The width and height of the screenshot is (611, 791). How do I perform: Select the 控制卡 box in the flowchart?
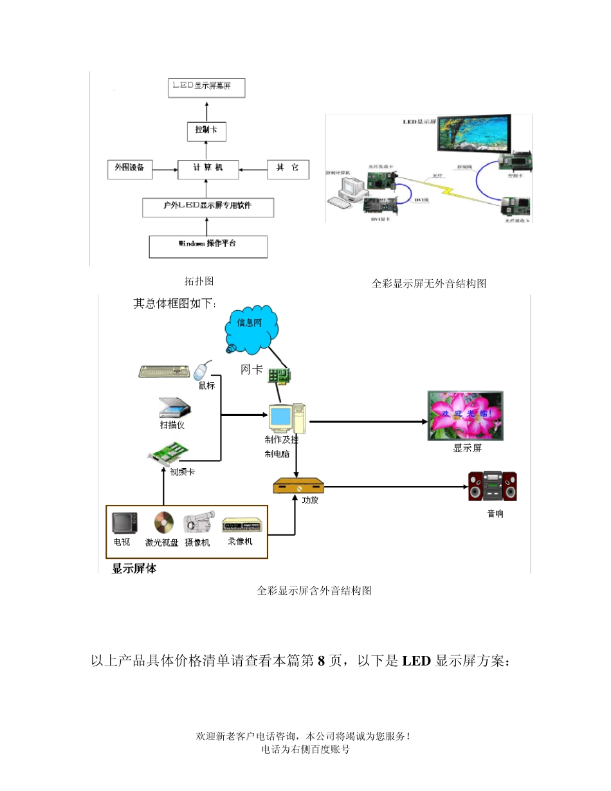pyautogui.click(x=207, y=131)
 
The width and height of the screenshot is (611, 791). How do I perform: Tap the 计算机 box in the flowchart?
pyautogui.click(x=207, y=169)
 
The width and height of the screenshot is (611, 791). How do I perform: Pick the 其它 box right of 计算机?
pyautogui.click(x=287, y=169)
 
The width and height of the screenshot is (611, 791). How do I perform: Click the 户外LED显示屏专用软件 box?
pyautogui.click(x=207, y=207)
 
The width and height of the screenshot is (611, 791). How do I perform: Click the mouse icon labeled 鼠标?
pyautogui.click(x=203, y=371)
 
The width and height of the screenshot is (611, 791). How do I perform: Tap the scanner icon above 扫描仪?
pyautogui.click(x=174, y=408)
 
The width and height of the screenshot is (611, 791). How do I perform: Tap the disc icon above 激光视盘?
pyautogui.click(x=163, y=522)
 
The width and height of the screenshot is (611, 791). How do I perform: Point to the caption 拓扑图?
pyautogui.click(x=199, y=281)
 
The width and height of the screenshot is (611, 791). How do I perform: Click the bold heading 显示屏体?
pyautogui.click(x=134, y=568)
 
